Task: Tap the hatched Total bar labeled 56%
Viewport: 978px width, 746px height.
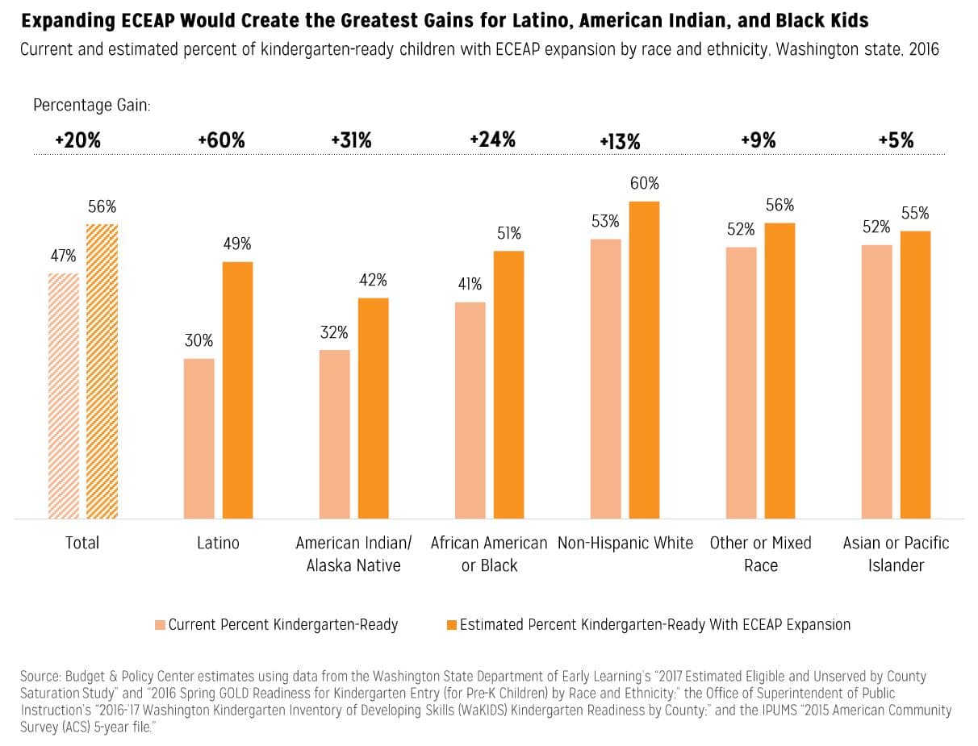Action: click(102, 371)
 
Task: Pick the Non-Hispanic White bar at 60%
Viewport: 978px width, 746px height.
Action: click(644, 360)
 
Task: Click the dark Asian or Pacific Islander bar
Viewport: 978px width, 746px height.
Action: click(915, 374)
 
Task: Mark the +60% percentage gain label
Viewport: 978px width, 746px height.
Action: click(221, 140)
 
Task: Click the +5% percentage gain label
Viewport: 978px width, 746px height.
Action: click(896, 140)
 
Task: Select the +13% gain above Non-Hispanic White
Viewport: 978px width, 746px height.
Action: click(620, 142)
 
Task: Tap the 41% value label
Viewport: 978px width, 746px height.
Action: click(469, 284)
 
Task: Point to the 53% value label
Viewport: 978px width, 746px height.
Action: click(605, 221)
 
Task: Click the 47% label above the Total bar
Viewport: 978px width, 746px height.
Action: click(63, 256)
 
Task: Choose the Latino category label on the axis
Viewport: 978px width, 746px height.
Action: click(218, 543)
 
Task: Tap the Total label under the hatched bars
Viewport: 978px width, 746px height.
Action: click(82, 543)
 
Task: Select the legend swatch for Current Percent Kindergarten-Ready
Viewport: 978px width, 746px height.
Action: click(160, 625)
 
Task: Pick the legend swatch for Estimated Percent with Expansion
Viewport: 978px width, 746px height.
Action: click(452, 625)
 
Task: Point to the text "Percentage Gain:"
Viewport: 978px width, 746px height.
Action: click(92, 105)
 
